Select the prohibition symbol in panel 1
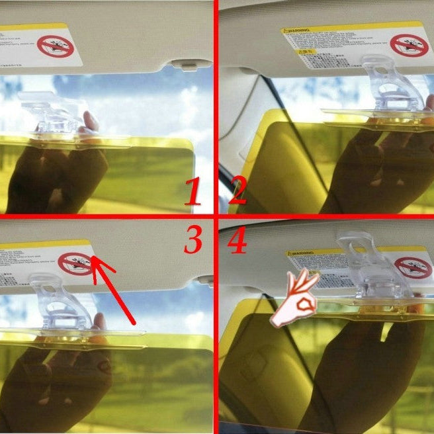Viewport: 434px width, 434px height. click(x=54, y=46)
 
